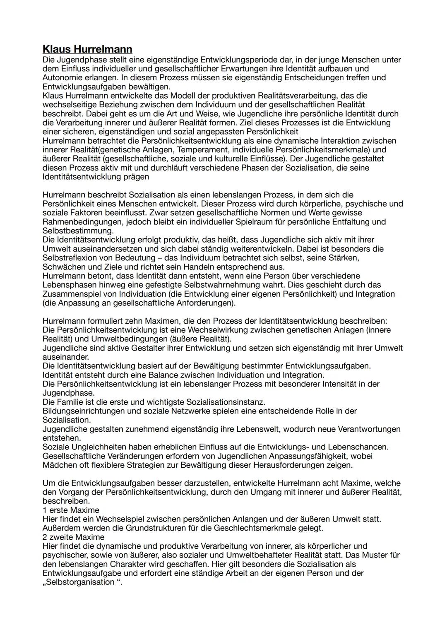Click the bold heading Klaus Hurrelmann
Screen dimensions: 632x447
point(87,49)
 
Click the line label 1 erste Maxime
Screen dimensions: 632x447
point(71,510)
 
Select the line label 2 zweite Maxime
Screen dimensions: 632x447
point(73,537)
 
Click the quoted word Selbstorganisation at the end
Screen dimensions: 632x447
point(79,582)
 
